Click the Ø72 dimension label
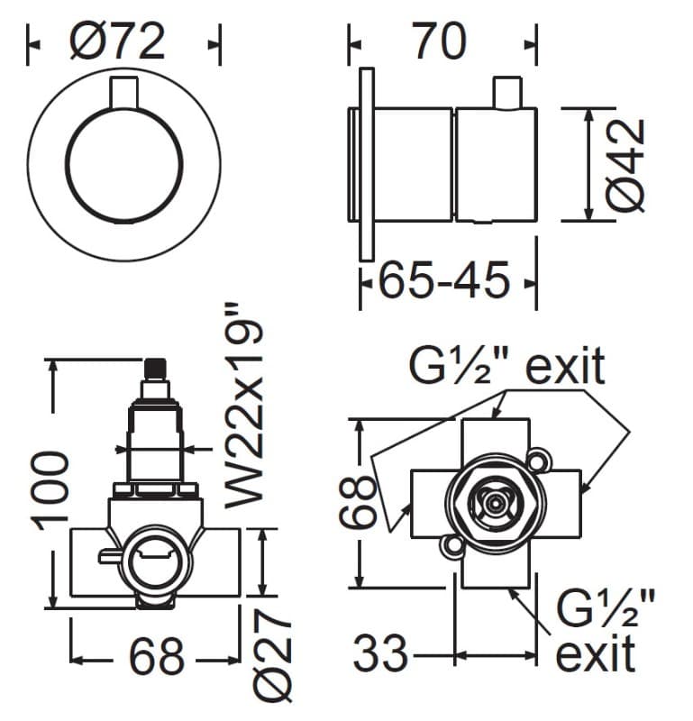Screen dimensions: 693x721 pos(118,41)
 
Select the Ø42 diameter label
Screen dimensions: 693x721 pos(625,165)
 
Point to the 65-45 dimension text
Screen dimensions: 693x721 pos(443,279)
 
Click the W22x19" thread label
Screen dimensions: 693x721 pos(244,406)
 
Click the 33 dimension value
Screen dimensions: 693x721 pos(380,652)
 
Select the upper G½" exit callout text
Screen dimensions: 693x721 pos(506,366)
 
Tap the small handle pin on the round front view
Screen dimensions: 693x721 pos(123,94)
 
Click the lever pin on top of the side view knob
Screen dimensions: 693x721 pos(507,93)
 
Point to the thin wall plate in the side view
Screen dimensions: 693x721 pos(367,165)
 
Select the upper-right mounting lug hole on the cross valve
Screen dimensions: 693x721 pos(538,461)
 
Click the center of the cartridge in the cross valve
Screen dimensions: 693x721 pos(495,504)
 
